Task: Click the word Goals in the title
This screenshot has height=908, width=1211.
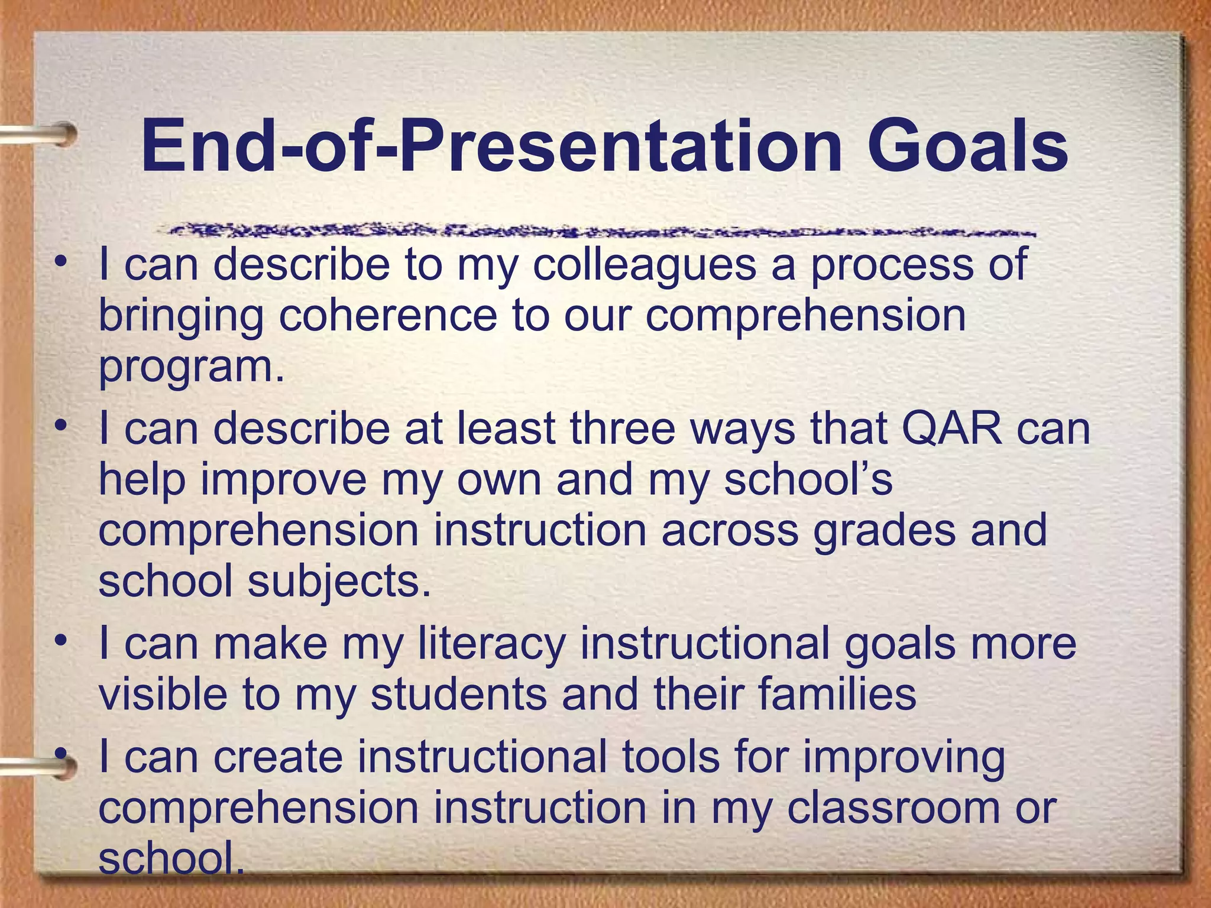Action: click(967, 146)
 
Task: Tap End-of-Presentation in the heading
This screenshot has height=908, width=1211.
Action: click(491, 146)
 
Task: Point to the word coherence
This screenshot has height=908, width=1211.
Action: click(387, 316)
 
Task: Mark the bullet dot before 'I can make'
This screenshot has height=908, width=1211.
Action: click(60, 641)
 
